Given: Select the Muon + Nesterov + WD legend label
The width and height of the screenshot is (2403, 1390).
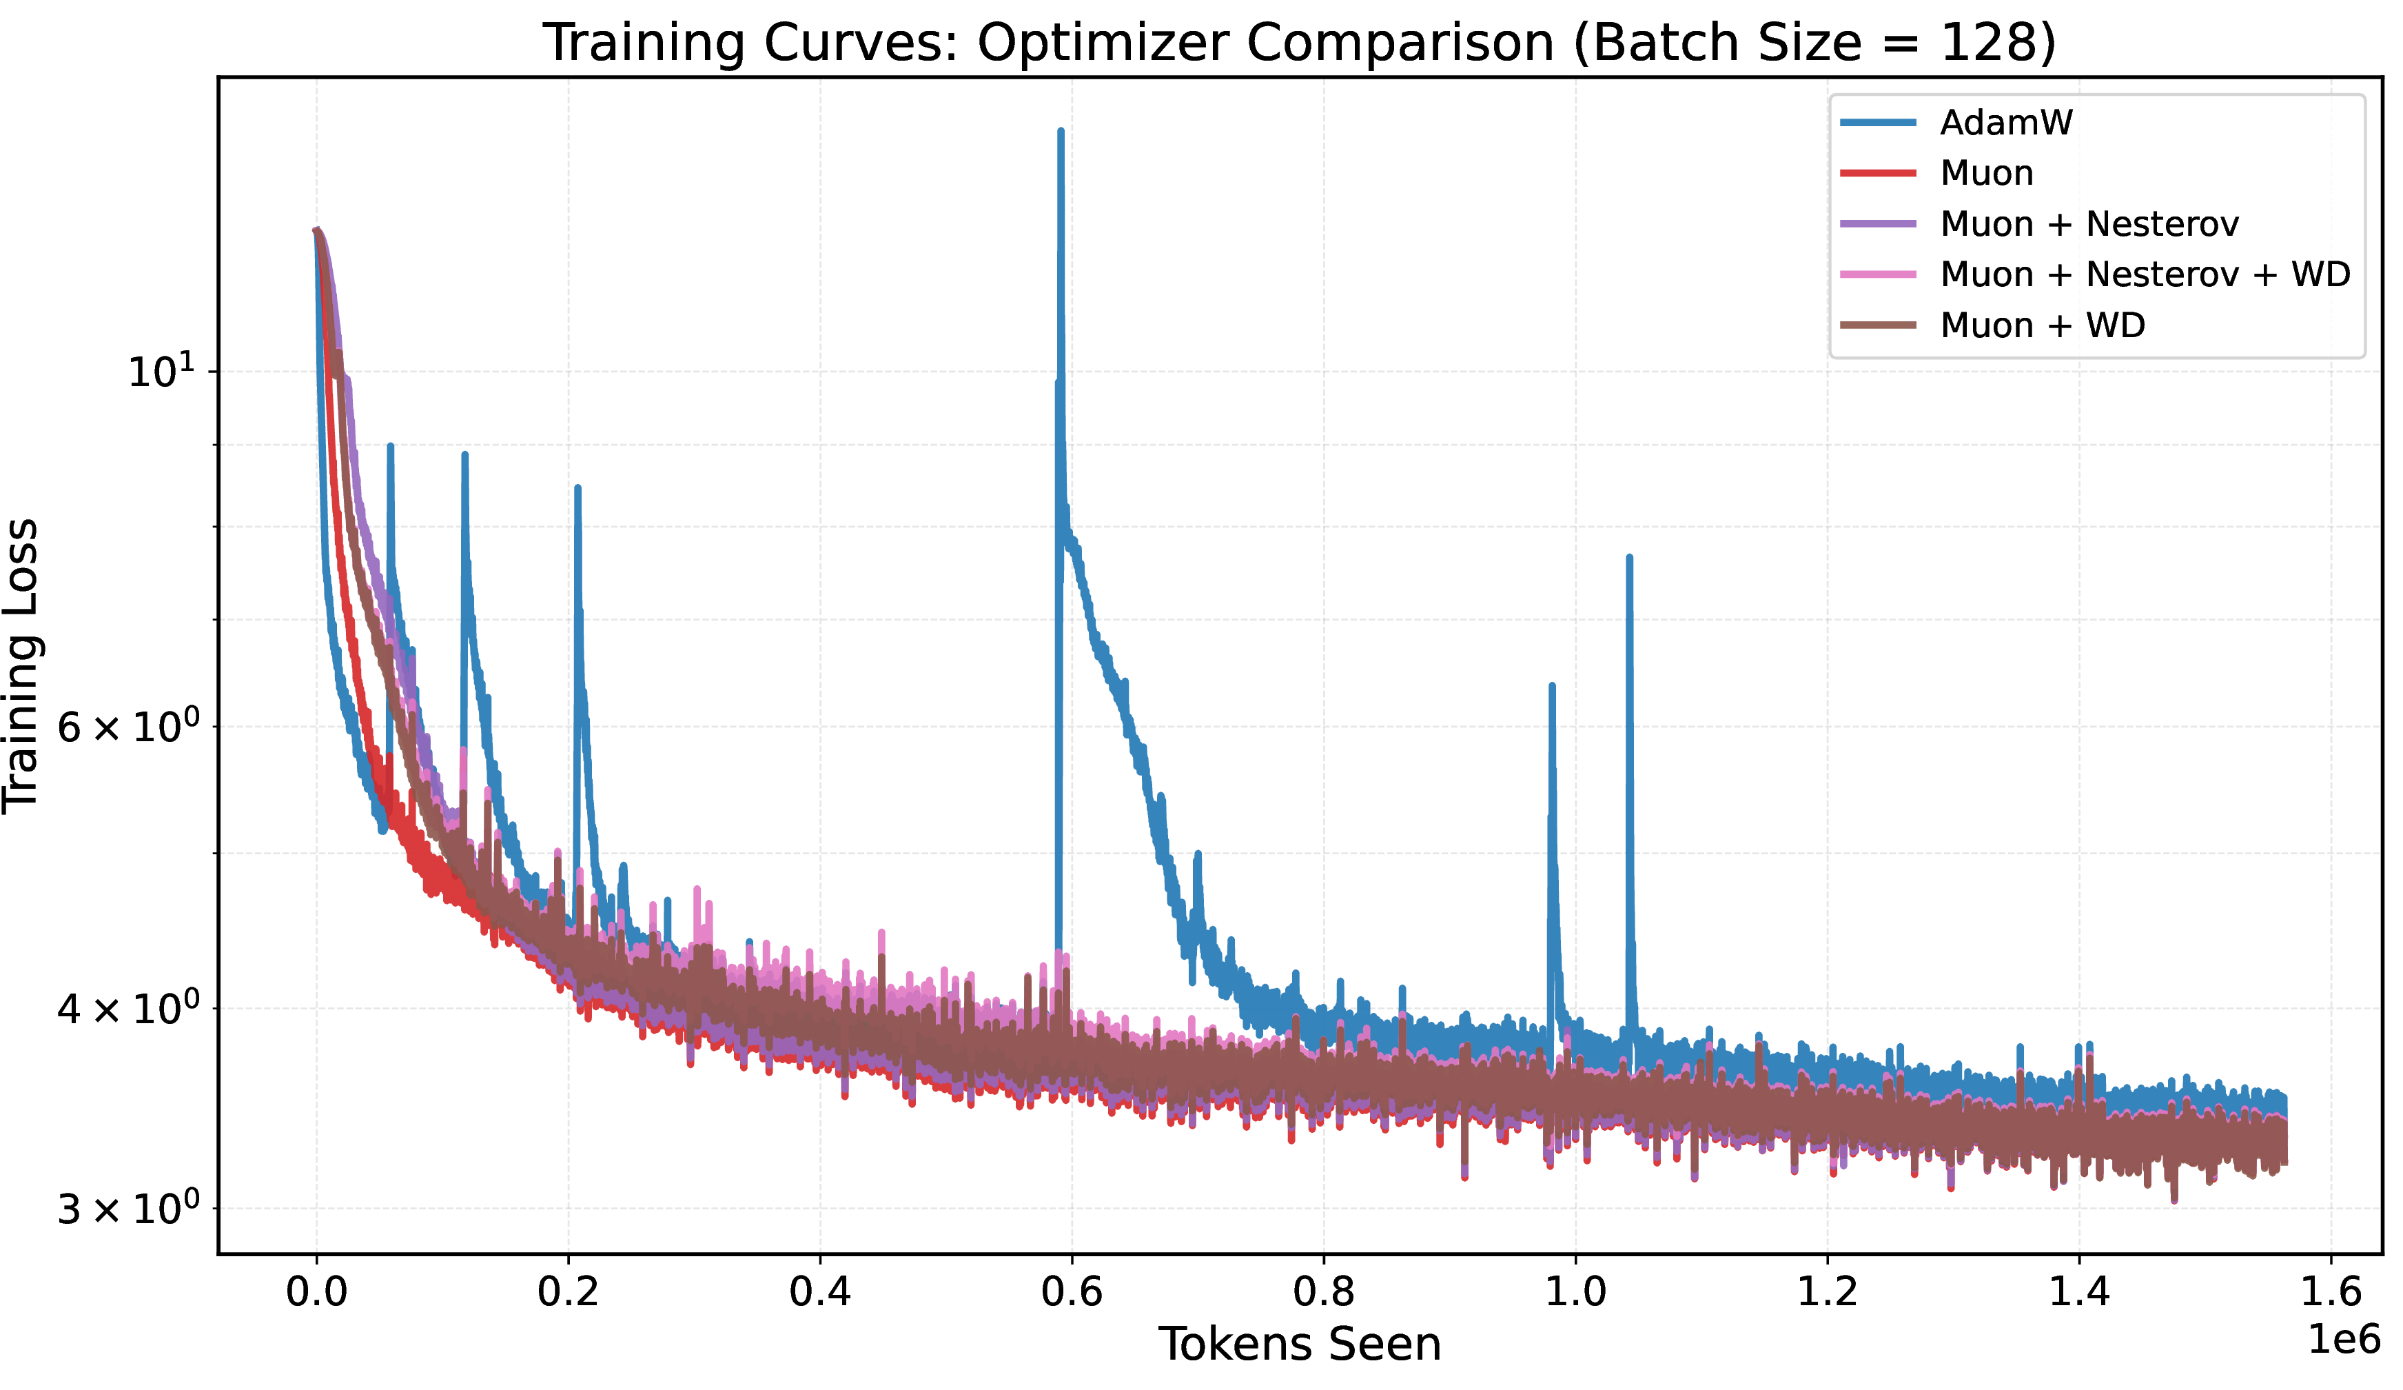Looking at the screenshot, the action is pyautogui.click(x=2145, y=274).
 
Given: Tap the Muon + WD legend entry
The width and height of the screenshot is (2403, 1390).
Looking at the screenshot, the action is pyautogui.click(x=2043, y=325).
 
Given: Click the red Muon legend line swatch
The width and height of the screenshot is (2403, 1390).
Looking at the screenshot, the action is pyautogui.click(x=1878, y=172).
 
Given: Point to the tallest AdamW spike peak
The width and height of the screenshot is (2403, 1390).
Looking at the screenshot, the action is pyautogui.click(x=1061, y=132).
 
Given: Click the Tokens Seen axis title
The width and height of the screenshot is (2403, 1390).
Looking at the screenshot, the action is pyautogui.click(x=1300, y=1345).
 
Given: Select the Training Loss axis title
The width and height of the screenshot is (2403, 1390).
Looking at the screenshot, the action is pyautogui.click(x=21, y=666).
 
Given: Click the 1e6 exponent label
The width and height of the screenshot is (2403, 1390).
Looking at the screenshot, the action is pyautogui.click(x=2343, y=1340).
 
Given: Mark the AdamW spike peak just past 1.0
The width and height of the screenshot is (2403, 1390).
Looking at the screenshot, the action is pyautogui.click(x=1628, y=557).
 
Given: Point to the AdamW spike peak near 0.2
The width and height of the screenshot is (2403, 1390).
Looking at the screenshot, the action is pyautogui.click(x=577, y=488).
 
